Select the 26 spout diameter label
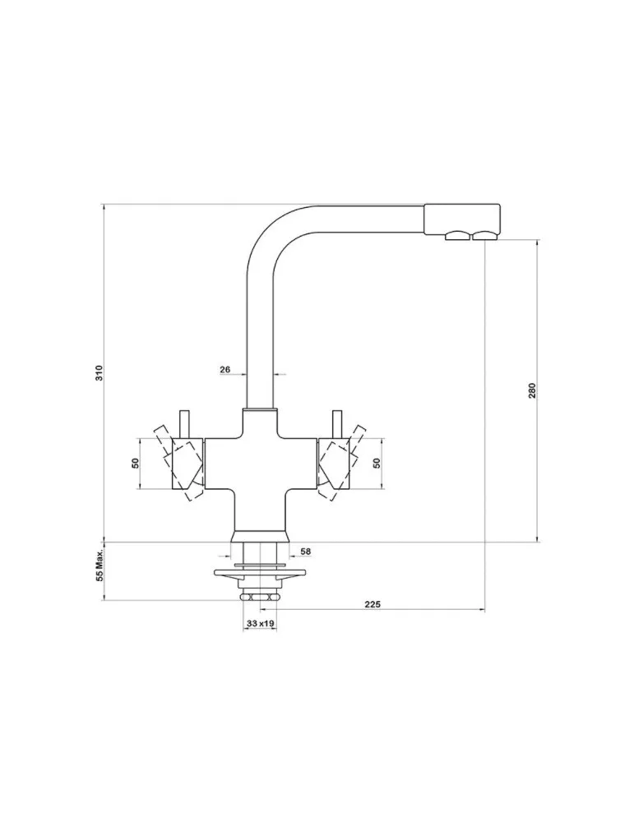pyautogui.click(x=224, y=370)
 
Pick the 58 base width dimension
pyautogui.click(x=305, y=551)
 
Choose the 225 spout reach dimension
pyautogui.click(x=371, y=604)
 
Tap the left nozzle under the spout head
pyautogui.click(x=455, y=238)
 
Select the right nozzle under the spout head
pyautogui.click(x=483, y=238)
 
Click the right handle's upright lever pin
pyautogui.click(x=336, y=423)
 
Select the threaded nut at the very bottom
pyautogui.click(x=260, y=597)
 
